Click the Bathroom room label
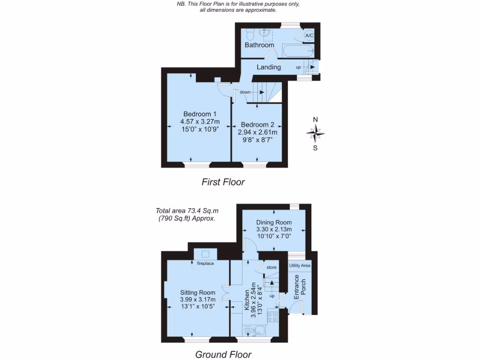259,45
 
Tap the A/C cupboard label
309,36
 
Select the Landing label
269,67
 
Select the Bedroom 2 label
257,125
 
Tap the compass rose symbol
315,135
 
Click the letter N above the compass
315,120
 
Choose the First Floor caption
223,182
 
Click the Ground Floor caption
223,354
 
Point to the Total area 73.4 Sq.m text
186,211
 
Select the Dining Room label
274,222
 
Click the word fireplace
205,263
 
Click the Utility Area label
300,266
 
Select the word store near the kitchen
271,268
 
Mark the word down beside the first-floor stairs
245,92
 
